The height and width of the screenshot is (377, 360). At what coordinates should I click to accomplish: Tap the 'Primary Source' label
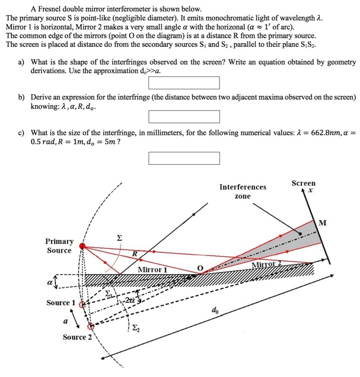click(59, 246)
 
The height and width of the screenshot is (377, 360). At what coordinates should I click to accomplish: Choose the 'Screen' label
click(303, 183)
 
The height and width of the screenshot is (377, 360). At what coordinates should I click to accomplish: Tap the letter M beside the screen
click(322, 222)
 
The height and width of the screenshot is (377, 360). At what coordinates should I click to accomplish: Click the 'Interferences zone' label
click(243, 191)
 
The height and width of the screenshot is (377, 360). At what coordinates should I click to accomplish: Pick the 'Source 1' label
click(61, 302)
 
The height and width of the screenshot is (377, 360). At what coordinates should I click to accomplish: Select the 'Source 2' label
click(74, 337)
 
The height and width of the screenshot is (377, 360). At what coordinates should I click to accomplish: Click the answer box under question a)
click(184, 83)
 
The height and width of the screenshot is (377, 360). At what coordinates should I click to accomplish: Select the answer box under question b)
click(184, 116)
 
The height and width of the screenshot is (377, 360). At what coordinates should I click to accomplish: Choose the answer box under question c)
click(184, 158)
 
